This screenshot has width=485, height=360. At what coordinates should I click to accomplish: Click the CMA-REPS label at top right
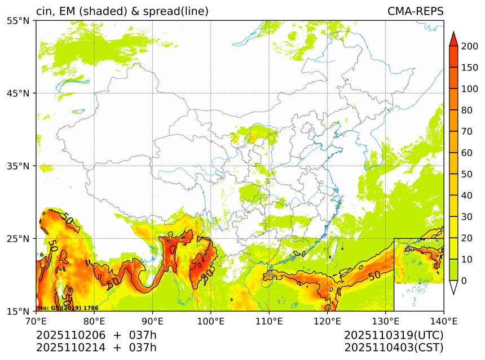tap(415, 11)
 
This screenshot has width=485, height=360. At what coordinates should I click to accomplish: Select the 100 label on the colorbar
tap(469, 89)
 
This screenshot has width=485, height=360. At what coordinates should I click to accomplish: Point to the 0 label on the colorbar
tap(464, 281)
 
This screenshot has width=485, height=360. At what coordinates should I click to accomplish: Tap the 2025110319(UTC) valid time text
tap(394, 335)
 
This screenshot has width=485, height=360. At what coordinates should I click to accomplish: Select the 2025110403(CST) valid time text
tap(394, 347)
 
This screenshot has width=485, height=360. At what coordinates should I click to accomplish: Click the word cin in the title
tap(44, 11)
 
